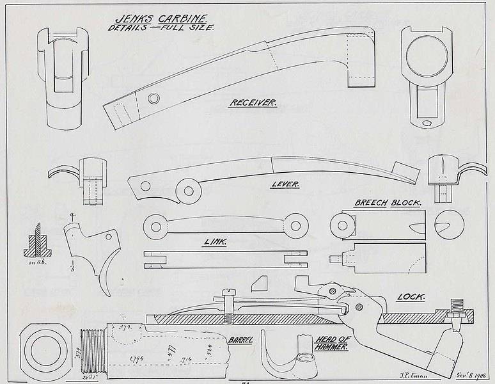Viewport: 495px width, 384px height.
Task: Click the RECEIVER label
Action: point(253,103)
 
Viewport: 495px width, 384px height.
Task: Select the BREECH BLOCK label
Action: point(388,203)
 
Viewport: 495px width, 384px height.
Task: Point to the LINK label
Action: point(216,243)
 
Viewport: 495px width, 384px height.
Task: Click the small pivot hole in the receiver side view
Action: point(153,98)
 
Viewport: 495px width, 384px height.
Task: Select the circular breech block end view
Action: point(447,224)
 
